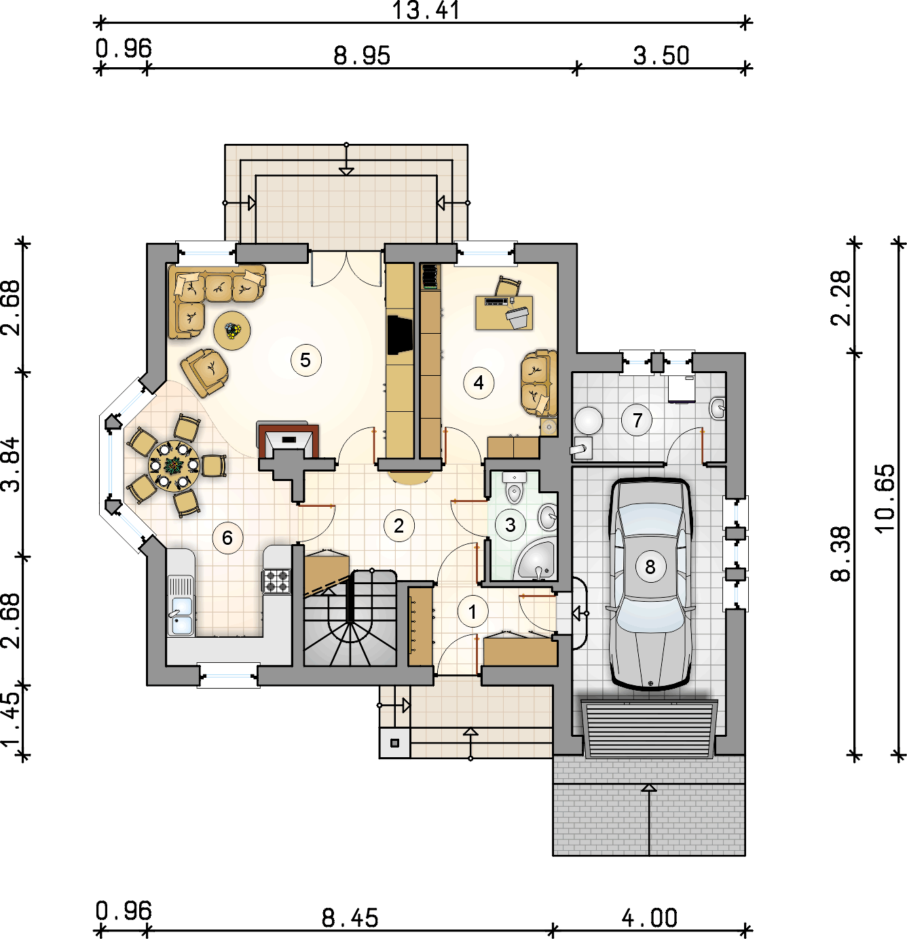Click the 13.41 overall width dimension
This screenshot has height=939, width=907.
(426, 10)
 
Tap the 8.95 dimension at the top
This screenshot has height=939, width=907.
(362, 56)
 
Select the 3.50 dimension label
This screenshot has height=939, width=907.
(661, 56)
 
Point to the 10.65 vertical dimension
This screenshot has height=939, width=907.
(885, 499)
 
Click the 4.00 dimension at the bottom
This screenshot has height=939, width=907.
(650, 918)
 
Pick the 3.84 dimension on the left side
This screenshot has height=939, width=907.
(11, 465)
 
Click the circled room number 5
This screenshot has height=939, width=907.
(306, 360)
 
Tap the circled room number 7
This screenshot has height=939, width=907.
(637, 420)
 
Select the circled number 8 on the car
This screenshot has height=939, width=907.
(650, 567)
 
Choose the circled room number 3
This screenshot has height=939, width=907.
(510, 525)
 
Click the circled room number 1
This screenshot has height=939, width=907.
(473, 613)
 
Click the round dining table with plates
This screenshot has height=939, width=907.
(173, 466)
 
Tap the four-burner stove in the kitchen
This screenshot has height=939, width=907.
(277, 581)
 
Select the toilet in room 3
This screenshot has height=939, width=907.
(515, 487)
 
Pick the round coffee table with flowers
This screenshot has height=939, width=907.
(232, 330)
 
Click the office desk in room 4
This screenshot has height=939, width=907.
(504, 313)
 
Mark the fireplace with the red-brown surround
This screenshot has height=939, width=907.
(289, 440)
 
